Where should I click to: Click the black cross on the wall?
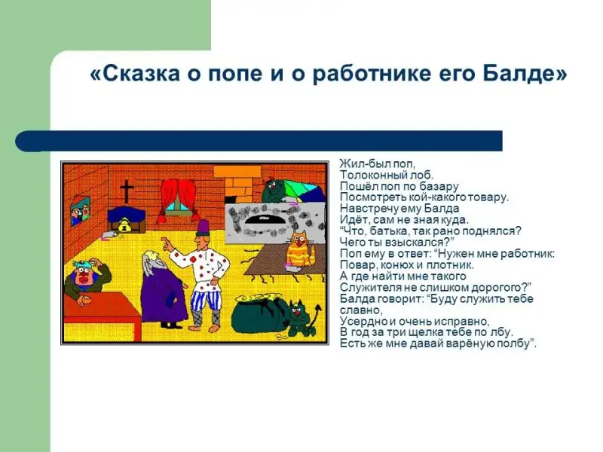pyautogui.click(x=127, y=192)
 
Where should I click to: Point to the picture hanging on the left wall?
pyautogui.click(x=81, y=211)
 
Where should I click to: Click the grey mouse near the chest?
pyautogui.click(x=110, y=234)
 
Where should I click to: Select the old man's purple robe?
pyautogui.click(x=163, y=293)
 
